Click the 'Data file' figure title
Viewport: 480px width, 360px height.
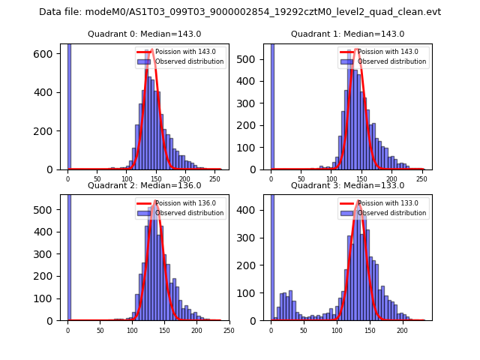[240, 12]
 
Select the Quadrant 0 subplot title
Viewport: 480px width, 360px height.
[145, 34]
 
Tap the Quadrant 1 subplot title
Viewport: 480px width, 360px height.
[348, 34]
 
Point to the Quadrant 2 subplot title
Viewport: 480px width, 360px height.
[145, 185]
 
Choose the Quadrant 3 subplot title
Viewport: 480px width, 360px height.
[348, 185]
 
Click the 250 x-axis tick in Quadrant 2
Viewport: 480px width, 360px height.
[229, 330]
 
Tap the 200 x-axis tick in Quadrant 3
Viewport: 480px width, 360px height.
[402, 330]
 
